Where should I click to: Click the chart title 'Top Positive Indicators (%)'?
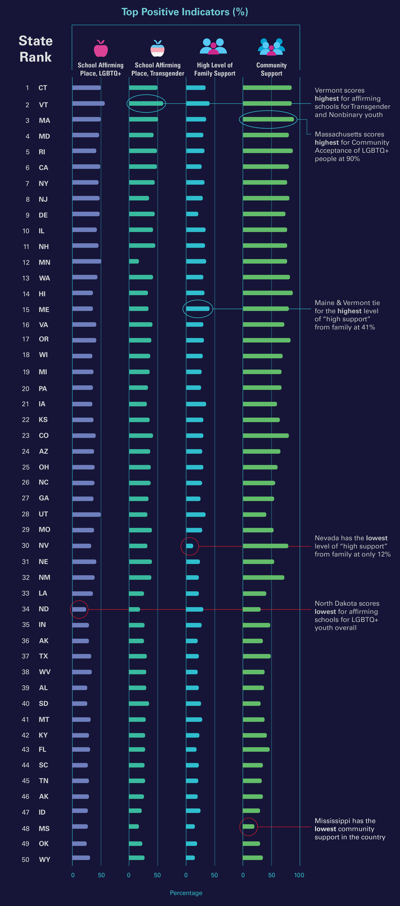pos(185,12)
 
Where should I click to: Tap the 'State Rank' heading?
pos(35,49)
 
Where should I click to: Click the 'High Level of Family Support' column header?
pos(215,69)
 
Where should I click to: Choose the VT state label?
pos(43,105)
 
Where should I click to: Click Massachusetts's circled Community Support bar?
pos(268,119)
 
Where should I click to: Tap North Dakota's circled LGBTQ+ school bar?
pos(79,609)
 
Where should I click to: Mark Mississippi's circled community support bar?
pos(248,826)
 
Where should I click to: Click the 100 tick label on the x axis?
pos(299,875)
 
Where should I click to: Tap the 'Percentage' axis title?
pos(186,893)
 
